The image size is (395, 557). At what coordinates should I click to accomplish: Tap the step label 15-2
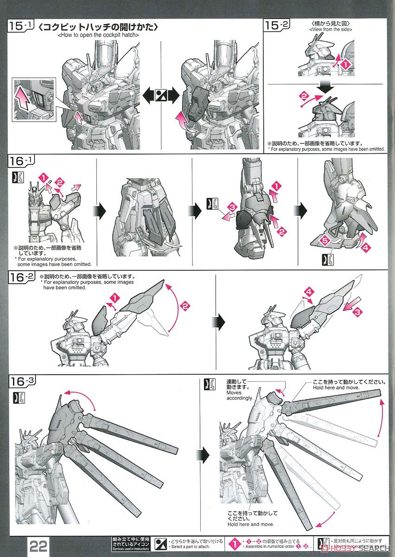click(x=277, y=26)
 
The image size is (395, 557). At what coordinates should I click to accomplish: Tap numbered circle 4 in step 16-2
click(x=310, y=291)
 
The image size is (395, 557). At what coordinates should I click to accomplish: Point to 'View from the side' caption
click(x=331, y=30)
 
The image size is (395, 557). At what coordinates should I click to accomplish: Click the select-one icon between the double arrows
click(x=161, y=96)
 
